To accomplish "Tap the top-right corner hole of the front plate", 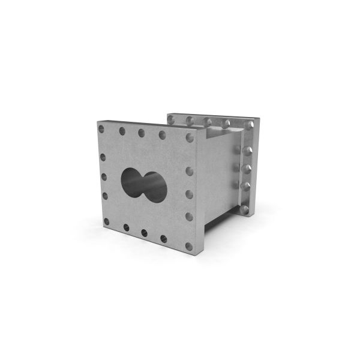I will [190, 137].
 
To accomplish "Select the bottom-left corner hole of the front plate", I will [106, 221].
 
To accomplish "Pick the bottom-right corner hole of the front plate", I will [189, 246].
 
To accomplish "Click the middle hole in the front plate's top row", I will [142, 133].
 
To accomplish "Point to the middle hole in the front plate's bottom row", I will [144, 232].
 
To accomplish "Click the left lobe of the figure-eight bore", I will [133, 180].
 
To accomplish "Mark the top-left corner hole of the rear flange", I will [171, 119].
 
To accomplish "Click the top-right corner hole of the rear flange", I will [249, 125].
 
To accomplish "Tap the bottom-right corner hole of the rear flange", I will [244, 209].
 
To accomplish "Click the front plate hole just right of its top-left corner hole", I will [122, 131].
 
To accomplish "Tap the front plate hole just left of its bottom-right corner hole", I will [163, 238].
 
